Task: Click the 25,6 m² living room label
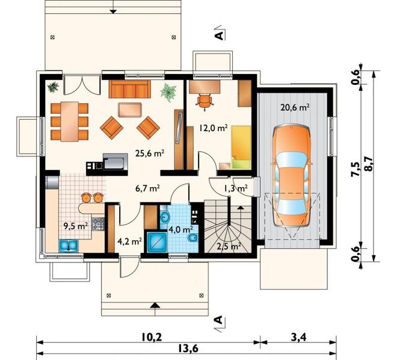(150, 154)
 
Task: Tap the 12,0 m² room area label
(213, 128)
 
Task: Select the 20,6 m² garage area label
(295, 108)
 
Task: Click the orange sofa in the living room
(130, 89)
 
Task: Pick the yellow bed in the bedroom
(241, 147)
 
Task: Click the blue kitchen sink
(69, 246)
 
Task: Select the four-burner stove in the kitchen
(98, 224)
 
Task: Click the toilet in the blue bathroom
(192, 239)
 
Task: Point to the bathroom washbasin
(165, 217)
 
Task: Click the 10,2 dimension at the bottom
(151, 337)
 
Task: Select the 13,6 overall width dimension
(187, 349)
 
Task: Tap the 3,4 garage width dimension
(299, 337)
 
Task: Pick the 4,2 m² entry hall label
(130, 241)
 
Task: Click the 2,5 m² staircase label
(229, 246)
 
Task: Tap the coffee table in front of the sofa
(130, 110)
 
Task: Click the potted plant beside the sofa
(168, 92)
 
